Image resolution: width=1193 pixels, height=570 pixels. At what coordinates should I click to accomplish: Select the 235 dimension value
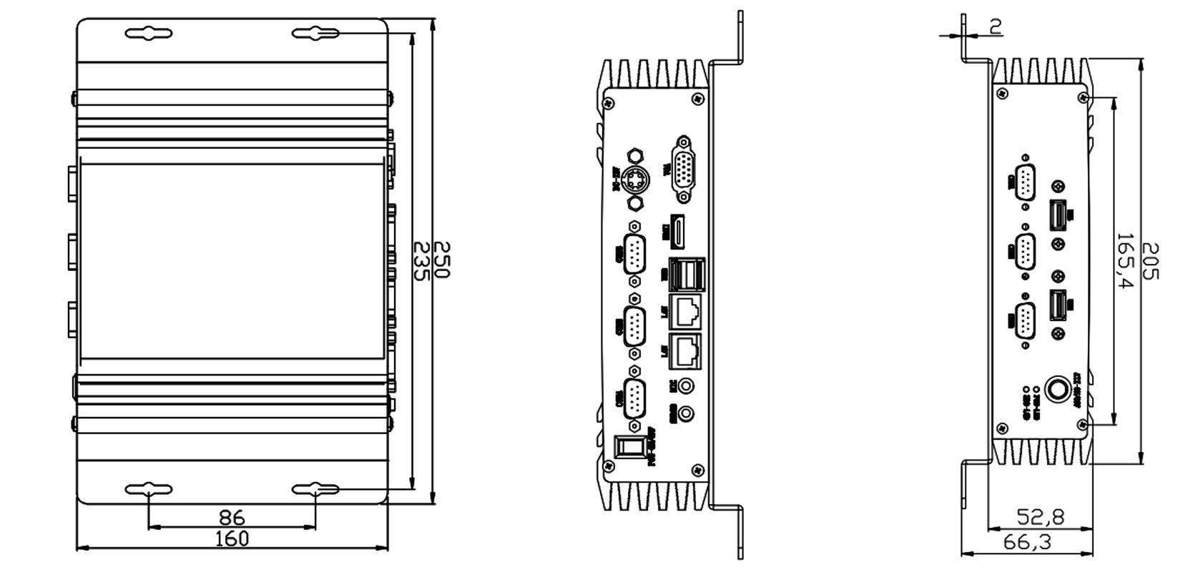click(421, 261)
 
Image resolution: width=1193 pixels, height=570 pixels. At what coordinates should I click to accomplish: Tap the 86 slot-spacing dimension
click(231, 516)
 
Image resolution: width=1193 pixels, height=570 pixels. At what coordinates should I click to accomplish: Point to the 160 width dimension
click(232, 539)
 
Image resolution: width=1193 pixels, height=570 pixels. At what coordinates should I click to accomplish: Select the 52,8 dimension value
click(1040, 516)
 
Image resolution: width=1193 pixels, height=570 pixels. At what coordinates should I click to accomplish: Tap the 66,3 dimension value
click(1027, 542)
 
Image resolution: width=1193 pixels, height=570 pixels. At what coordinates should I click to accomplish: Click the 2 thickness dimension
click(995, 26)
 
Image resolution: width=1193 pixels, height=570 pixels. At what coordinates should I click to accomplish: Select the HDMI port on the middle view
click(677, 231)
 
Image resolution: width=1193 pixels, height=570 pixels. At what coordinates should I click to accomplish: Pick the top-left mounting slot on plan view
click(148, 34)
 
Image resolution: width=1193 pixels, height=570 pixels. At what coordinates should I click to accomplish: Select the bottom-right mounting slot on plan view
click(315, 489)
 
